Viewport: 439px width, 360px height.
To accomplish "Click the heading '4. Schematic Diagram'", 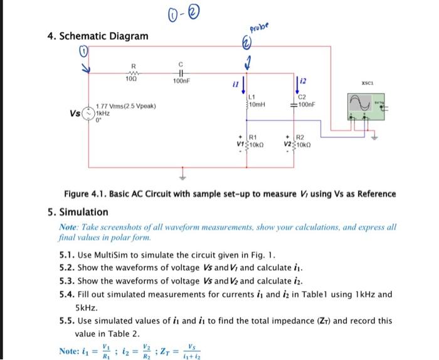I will click(98, 36).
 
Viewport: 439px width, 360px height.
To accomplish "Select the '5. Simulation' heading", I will click(78, 211).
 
